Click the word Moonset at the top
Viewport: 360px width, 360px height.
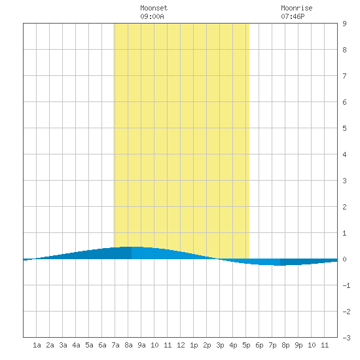(154, 8)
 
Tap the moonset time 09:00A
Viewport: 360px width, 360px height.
(152, 16)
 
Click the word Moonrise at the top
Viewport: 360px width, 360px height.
(297, 8)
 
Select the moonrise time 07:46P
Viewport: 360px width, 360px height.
(293, 16)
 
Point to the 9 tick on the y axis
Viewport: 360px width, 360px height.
(344, 24)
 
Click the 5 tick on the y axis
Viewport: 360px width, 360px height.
(344, 128)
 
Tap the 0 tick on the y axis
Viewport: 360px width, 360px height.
(344, 259)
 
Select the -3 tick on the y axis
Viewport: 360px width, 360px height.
(346, 338)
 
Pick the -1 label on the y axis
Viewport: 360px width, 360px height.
(346, 285)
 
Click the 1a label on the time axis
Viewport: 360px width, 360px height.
(37, 345)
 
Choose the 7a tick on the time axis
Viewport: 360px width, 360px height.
(115, 345)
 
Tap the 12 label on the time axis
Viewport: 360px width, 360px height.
(181, 345)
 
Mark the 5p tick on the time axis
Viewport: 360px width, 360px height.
(246, 345)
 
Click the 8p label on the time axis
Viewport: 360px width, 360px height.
(285, 345)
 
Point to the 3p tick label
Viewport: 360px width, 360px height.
(220, 345)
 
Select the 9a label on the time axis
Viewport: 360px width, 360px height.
(141, 345)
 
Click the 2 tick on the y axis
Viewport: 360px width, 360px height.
(344, 207)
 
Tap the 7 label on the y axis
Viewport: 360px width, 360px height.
(344, 76)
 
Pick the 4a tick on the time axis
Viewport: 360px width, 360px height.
(76, 345)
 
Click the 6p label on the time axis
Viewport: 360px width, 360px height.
(259, 345)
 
